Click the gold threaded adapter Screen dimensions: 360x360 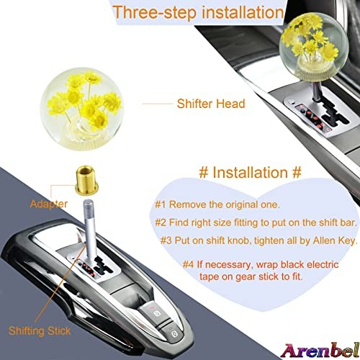tap(86, 180)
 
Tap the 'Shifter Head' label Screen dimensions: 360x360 tap(211, 104)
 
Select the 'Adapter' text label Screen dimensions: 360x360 tap(49, 204)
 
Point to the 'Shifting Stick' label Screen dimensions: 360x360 tap(40, 331)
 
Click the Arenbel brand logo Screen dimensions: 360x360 tap(320, 351)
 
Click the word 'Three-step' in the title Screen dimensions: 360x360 tap(155, 12)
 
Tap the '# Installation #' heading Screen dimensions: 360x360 tap(250, 172)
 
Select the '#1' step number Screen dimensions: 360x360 tap(161, 204)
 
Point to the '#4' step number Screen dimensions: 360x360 tap(188, 265)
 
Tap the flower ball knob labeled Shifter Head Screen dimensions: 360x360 tap(82, 109)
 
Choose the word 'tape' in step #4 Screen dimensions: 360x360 tap(209, 277)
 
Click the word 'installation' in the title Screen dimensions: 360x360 tap(243, 12)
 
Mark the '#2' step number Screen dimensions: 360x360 tap(161, 222)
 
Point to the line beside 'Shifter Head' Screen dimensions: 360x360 tap(158, 104)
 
